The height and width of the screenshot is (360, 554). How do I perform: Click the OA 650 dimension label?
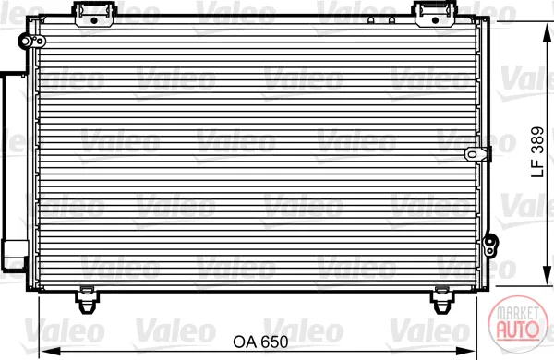tap(260, 342)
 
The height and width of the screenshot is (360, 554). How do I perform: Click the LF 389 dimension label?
tap(537, 152)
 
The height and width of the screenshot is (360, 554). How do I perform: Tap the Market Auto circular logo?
tap(518, 324)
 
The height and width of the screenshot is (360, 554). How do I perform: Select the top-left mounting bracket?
tap(94, 14)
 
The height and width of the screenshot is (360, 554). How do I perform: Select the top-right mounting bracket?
tap(435, 14)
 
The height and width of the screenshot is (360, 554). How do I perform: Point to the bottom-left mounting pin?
tap(87, 300)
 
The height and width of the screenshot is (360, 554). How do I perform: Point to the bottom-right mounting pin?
tap(441, 300)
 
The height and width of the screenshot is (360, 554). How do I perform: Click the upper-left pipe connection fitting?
tap(31, 42)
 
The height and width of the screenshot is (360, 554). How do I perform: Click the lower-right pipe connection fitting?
tap(490, 245)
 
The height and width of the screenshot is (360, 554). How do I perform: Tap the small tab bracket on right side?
tap(477, 154)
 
